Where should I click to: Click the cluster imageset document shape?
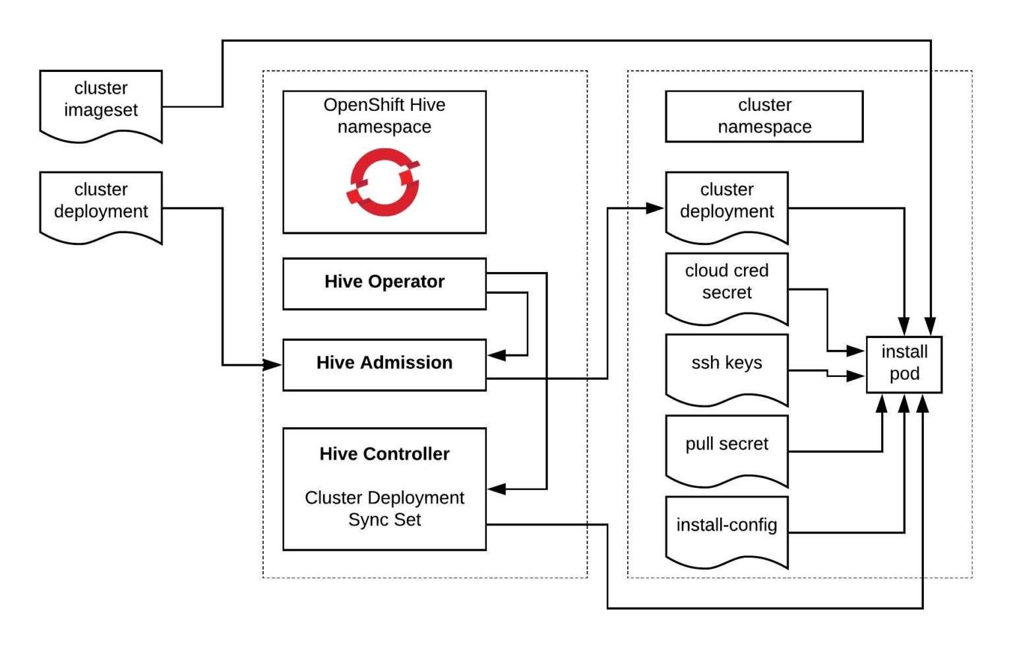[101, 104]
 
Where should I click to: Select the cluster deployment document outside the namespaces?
[101, 205]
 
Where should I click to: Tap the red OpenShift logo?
[384, 182]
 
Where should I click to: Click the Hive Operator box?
[384, 283]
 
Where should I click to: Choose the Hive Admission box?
[384, 364]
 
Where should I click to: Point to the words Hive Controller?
[384, 454]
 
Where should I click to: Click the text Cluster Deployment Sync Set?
[384, 508]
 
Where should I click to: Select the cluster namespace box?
[764, 116]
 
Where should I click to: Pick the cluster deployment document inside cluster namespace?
[726, 205]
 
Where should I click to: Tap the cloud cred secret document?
[726, 287]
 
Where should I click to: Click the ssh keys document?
[726, 367]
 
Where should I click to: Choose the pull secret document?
[726, 448]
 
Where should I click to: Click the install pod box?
[904, 364]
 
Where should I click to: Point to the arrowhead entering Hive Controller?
[497, 489]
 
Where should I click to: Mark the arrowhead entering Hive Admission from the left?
[272, 364]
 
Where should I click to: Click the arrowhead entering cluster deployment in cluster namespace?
[655, 209]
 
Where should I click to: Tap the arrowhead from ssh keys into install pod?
[855, 376]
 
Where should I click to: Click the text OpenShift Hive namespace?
[384, 116]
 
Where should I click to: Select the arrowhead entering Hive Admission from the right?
[497, 355]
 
